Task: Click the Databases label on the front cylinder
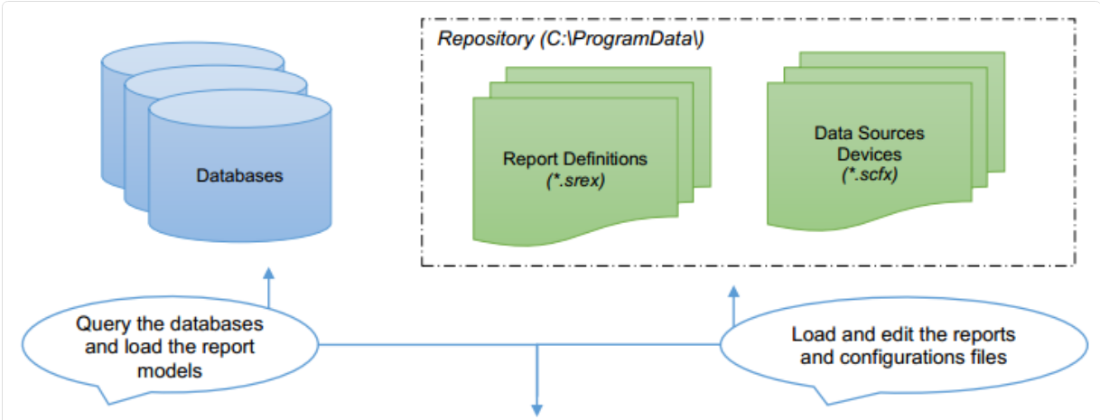pyautogui.click(x=239, y=175)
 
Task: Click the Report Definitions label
pyautogui.click(x=575, y=159)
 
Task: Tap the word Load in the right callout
pyautogui.click(x=812, y=335)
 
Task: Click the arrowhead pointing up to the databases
pyautogui.click(x=268, y=273)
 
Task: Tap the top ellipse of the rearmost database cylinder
pyautogui.click(x=192, y=57)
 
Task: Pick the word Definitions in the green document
pyautogui.click(x=604, y=159)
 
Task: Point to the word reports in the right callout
pyautogui.click(x=985, y=335)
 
